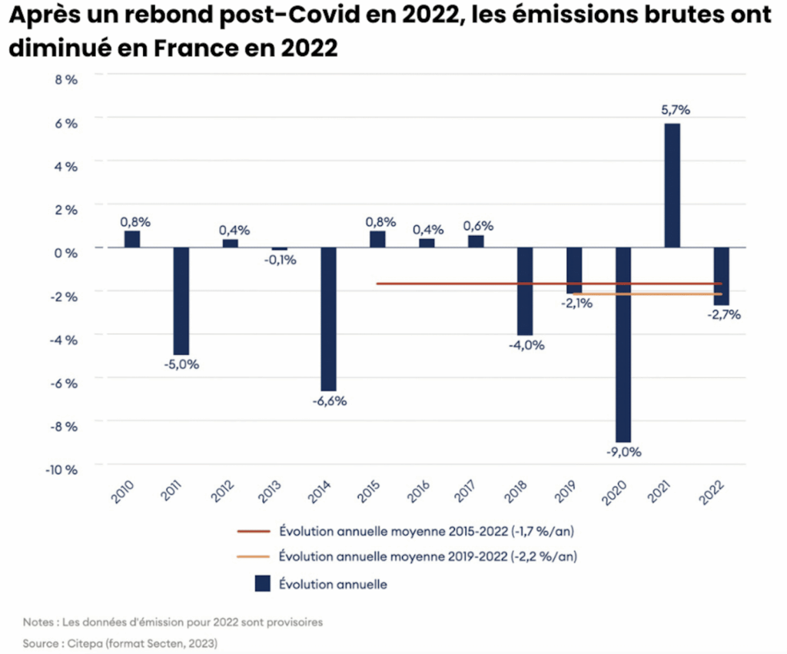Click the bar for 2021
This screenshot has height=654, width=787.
point(672,185)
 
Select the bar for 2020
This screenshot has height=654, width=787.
point(623,344)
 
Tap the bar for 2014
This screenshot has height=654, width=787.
point(328,319)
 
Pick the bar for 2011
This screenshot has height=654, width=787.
point(181,300)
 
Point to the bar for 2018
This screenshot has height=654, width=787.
point(525,291)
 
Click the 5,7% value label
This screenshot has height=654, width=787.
point(676,110)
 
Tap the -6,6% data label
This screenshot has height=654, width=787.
point(329,401)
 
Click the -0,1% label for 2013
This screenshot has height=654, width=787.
point(280,260)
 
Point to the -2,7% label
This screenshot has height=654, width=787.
point(724,314)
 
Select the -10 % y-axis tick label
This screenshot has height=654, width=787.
point(62,469)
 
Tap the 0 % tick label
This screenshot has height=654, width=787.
point(65,251)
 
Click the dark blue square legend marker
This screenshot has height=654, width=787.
point(262,584)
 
